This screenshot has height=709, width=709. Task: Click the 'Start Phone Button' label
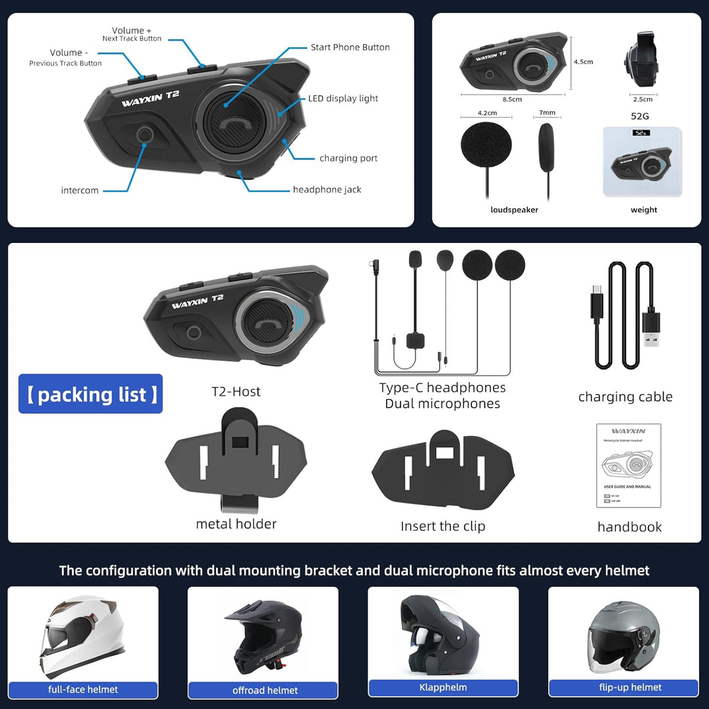click(350, 47)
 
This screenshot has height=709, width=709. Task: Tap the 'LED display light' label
click(343, 98)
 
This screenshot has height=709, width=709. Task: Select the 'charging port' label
click(348, 158)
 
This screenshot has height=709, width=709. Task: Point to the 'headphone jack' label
click(327, 190)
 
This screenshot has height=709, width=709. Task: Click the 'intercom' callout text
click(79, 190)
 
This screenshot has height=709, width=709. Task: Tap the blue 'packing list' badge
click(91, 394)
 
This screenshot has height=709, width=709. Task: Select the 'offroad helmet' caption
click(265, 690)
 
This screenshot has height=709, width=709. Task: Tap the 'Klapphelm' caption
click(443, 687)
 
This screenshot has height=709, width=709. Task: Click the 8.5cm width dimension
click(512, 99)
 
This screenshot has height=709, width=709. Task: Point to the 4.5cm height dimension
click(583, 62)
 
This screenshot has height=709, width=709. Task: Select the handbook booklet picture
click(628, 465)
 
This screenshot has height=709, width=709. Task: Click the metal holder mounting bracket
click(236, 460)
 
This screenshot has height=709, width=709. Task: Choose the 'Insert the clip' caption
click(443, 526)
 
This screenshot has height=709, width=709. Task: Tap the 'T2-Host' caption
click(236, 392)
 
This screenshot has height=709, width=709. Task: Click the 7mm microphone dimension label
click(547, 113)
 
